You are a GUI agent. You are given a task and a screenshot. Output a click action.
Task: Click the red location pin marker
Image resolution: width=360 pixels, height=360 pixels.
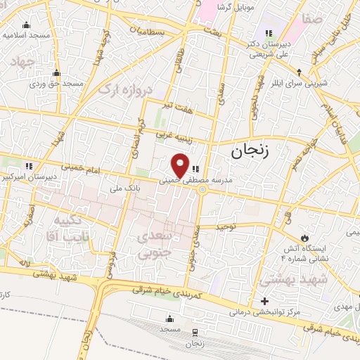click(181, 165)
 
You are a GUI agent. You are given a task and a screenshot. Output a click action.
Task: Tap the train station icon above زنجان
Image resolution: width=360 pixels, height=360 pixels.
click(195, 332)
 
